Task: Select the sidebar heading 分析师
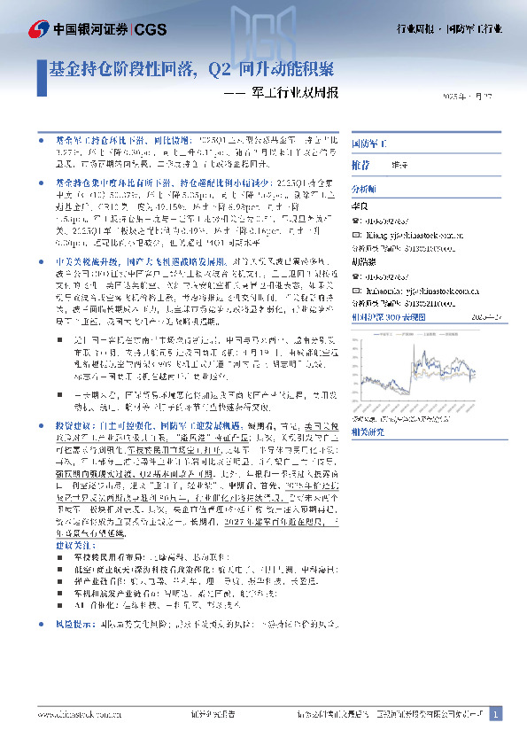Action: (364, 189)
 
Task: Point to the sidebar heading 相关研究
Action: (368, 431)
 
